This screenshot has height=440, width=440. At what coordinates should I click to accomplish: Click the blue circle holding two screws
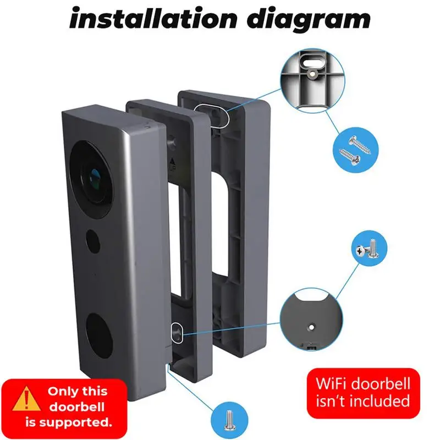pos(355,149)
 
